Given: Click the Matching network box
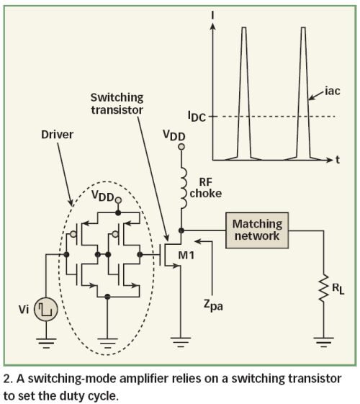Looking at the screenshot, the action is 257,230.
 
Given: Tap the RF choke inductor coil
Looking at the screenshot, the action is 184,189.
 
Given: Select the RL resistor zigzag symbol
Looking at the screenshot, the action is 324,288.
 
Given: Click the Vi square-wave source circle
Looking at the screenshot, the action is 46,309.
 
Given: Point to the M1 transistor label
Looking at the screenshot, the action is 186,256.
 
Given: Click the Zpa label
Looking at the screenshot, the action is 213,305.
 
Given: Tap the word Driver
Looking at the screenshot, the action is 57,135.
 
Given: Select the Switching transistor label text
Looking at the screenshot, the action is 117,104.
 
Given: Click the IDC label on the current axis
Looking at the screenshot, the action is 197,117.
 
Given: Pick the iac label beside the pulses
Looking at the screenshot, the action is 333,91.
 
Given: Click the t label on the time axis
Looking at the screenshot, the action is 338,160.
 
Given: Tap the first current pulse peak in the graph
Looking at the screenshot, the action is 244,27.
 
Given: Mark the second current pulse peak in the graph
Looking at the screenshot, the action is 303,27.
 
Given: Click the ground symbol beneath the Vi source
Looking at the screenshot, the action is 46,342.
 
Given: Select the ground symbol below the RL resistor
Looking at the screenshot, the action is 324,341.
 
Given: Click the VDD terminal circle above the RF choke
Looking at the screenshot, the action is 181,147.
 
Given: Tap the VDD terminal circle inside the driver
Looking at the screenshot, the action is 118,200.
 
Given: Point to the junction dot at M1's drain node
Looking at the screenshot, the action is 181,230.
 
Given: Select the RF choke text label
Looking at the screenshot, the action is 206,187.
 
